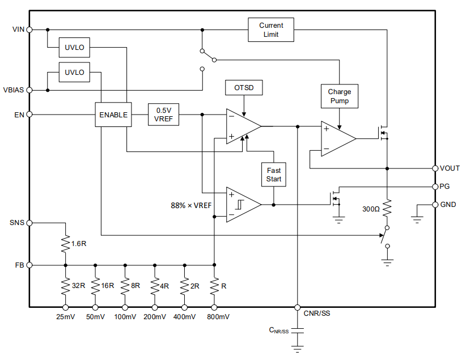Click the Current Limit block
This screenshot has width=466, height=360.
click(x=271, y=29)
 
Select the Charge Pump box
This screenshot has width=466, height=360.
click(x=340, y=96)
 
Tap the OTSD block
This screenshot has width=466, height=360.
click(x=244, y=88)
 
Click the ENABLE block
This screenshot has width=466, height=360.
click(x=113, y=115)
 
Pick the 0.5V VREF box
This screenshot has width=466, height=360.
click(x=163, y=115)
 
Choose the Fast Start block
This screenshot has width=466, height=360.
click(x=274, y=175)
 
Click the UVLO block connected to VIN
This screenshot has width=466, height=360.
click(x=74, y=47)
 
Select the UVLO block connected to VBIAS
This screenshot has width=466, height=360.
click(x=74, y=72)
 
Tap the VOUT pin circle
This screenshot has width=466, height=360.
click(x=435, y=168)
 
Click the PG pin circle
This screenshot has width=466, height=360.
click(x=435, y=187)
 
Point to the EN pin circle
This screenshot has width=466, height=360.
click(x=29, y=115)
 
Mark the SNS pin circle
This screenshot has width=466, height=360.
click(x=29, y=223)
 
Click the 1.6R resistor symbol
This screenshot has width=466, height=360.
click(x=65, y=244)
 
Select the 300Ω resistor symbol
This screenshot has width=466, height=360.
click(x=387, y=208)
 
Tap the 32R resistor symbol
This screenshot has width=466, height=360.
click(x=65, y=286)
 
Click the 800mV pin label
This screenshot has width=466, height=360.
click(x=218, y=317)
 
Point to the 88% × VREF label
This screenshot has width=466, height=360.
click(x=191, y=205)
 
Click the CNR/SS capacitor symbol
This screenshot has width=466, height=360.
click(x=298, y=331)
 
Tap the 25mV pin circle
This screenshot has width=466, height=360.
click(x=65, y=307)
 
